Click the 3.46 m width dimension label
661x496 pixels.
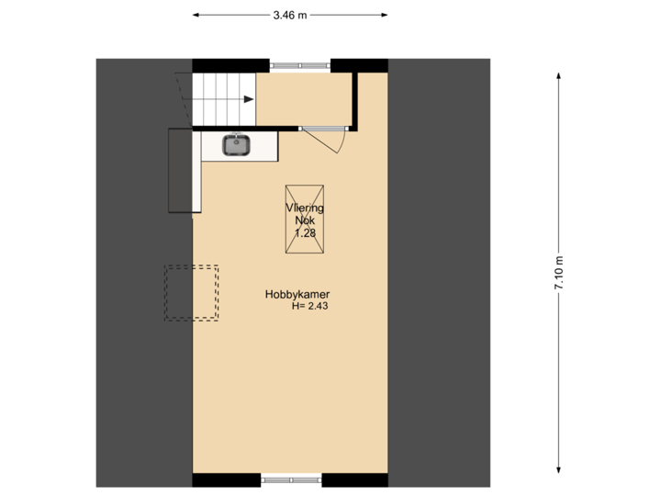click(290, 15)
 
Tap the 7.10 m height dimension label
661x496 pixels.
click(558, 273)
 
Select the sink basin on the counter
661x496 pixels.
click(237, 144)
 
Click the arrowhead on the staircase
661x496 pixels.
click(249, 99)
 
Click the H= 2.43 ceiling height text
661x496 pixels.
click(309, 307)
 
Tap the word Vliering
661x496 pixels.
click(305, 209)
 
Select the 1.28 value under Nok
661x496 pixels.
click(304, 233)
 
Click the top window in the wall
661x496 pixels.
click(299, 65)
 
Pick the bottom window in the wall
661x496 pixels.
click(292, 479)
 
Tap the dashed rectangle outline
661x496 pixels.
click(192, 293)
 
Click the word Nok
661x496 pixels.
click(305, 220)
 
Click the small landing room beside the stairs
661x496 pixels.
click(302, 97)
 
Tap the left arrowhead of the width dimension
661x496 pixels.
click(196, 15)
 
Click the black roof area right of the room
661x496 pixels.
click(439, 276)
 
